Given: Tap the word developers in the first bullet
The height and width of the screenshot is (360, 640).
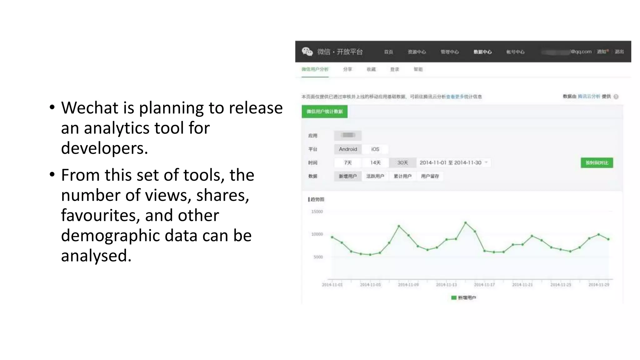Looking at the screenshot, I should (104, 148).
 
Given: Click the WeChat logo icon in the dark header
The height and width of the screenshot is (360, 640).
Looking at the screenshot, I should (307, 52).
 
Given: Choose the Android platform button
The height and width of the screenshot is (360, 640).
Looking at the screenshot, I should (348, 149).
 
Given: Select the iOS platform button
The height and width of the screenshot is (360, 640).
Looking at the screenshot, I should (375, 149).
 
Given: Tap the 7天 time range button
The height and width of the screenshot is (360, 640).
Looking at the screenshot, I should (348, 163).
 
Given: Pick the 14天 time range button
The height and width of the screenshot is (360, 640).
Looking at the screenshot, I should (375, 163).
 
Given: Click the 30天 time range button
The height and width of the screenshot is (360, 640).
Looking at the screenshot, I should (402, 163).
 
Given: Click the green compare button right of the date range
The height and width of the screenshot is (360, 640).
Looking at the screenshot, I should (597, 163).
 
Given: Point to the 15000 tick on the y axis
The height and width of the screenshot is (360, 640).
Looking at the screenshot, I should (317, 212).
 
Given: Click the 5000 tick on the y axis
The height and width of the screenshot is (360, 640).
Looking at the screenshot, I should (318, 257).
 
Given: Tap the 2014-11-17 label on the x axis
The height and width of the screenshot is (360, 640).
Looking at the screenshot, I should (484, 285).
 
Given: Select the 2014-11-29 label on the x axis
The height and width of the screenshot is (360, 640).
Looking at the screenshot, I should (599, 285).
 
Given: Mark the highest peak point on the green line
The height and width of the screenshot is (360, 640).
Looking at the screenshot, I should (465, 222).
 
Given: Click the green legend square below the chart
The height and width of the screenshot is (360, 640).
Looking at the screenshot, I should (454, 298).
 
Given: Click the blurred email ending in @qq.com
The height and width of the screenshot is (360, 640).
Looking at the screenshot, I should (566, 52).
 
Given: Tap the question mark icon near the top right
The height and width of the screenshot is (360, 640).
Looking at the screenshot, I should (616, 97).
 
